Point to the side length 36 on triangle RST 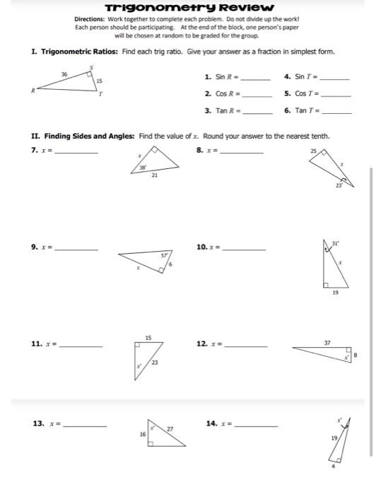tap(64, 74)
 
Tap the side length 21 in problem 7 tap(155, 177)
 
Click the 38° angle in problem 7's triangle tap(142, 168)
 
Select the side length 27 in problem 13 tap(170, 429)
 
